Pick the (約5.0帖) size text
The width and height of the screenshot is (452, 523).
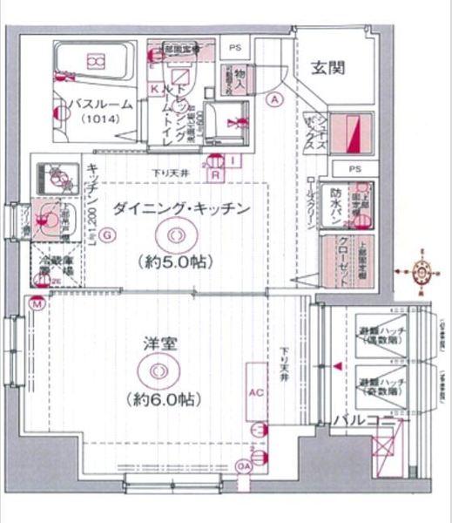172,261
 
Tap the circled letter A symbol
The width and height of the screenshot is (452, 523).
275,99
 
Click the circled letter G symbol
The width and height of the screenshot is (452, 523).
106,234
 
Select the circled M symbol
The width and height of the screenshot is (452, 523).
37,304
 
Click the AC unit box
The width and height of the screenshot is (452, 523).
256,391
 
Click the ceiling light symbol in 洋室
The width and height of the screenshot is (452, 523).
157,372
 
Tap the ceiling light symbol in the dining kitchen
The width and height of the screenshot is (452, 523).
172,234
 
